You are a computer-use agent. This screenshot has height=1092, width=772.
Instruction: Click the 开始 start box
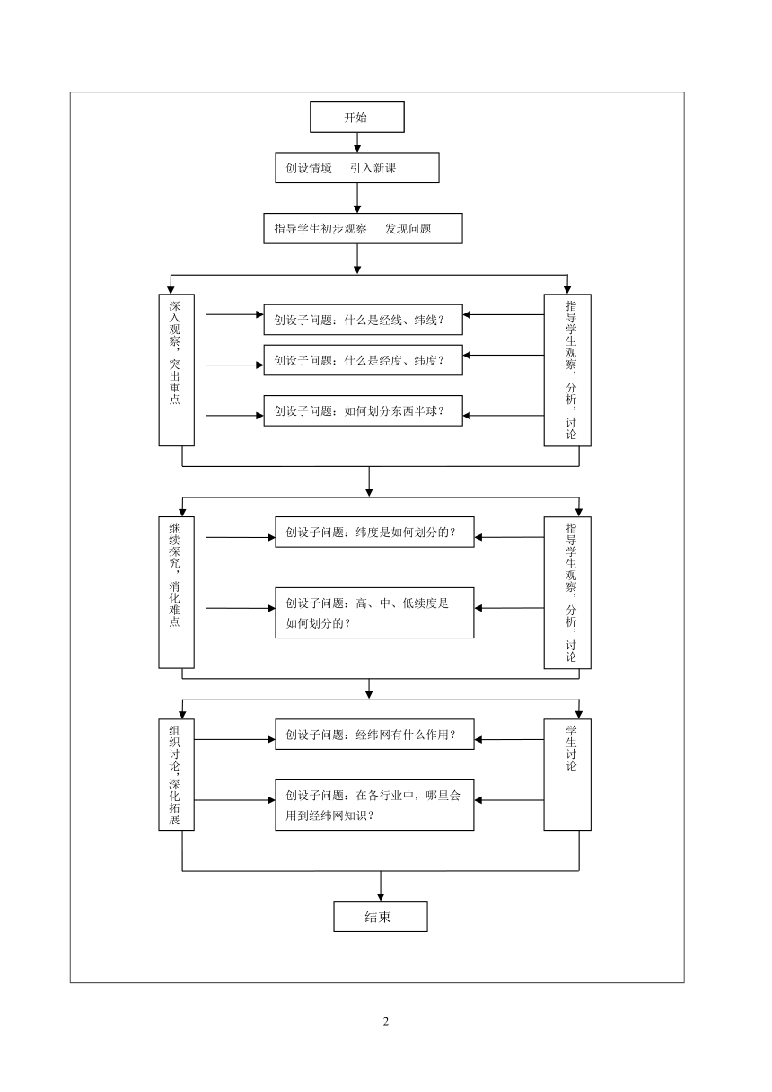(356, 117)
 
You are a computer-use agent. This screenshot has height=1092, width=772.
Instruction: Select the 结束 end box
(380, 917)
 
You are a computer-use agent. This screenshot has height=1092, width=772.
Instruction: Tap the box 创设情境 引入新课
(356, 168)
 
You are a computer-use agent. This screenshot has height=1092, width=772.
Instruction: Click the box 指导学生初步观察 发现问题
(363, 228)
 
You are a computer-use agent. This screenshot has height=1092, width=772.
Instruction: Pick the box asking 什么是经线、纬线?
(363, 320)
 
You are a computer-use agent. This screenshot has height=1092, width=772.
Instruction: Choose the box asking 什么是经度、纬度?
(363, 360)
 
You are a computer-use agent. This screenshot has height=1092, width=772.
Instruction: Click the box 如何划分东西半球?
(363, 410)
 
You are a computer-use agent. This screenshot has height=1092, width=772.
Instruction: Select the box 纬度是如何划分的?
(374, 532)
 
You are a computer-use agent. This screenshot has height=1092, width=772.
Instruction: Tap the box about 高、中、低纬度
(374, 612)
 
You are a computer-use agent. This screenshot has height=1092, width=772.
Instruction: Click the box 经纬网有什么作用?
(374, 735)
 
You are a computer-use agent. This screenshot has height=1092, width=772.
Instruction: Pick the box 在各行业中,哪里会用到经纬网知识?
(374, 805)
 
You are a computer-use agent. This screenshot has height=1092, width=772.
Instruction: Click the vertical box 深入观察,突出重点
(177, 370)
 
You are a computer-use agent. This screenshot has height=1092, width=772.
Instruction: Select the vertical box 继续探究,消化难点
(177, 593)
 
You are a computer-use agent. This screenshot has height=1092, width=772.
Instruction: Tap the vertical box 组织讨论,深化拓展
(177, 775)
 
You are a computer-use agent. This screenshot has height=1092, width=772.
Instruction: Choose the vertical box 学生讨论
(567, 775)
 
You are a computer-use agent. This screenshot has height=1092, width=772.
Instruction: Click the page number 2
(386, 1021)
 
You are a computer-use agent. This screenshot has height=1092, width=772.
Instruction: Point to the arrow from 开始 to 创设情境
(357, 143)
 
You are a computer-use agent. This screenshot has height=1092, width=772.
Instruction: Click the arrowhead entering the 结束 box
(381, 897)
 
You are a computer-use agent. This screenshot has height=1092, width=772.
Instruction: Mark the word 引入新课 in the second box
(373, 168)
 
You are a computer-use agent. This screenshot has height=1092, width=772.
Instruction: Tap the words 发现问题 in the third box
(408, 229)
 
